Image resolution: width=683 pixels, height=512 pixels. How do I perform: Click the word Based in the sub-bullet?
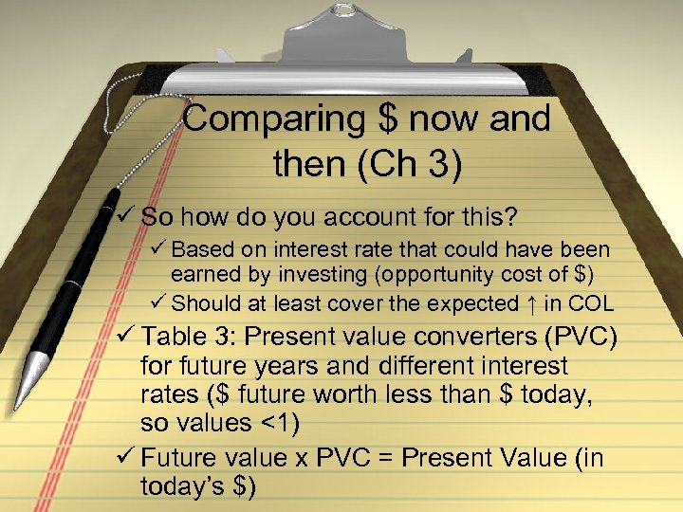(199, 251)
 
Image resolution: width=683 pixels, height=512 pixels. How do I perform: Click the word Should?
(203, 303)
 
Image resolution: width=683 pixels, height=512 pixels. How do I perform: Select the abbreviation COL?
(593, 303)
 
